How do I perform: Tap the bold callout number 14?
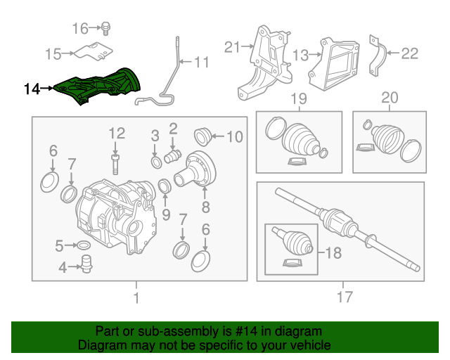point(32,89)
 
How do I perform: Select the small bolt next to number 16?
point(106,28)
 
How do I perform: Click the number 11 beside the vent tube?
point(201,63)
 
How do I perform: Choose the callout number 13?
point(300,55)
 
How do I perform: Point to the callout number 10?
point(234,136)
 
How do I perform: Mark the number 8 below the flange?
point(205,207)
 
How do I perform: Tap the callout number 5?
point(60,245)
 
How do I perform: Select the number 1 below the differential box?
point(136,298)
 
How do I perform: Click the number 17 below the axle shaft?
point(344,298)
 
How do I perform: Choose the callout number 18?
point(331,251)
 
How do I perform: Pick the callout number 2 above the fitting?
point(172,128)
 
